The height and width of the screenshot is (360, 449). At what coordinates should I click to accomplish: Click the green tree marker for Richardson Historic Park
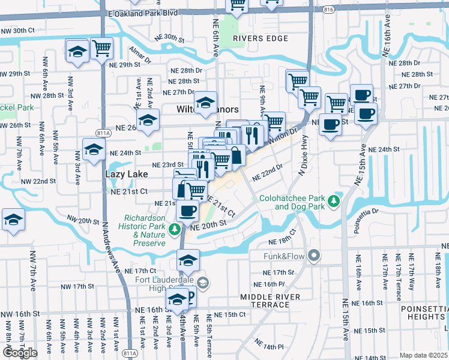tap(175, 229)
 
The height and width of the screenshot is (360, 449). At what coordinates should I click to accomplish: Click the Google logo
tap(20, 353)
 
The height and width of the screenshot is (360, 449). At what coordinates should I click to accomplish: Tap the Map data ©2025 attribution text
tap(424, 355)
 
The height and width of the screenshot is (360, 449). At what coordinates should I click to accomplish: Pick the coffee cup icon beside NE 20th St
tap(188, 211)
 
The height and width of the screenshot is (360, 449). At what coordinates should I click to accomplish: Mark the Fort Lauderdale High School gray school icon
tap(203, 283)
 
